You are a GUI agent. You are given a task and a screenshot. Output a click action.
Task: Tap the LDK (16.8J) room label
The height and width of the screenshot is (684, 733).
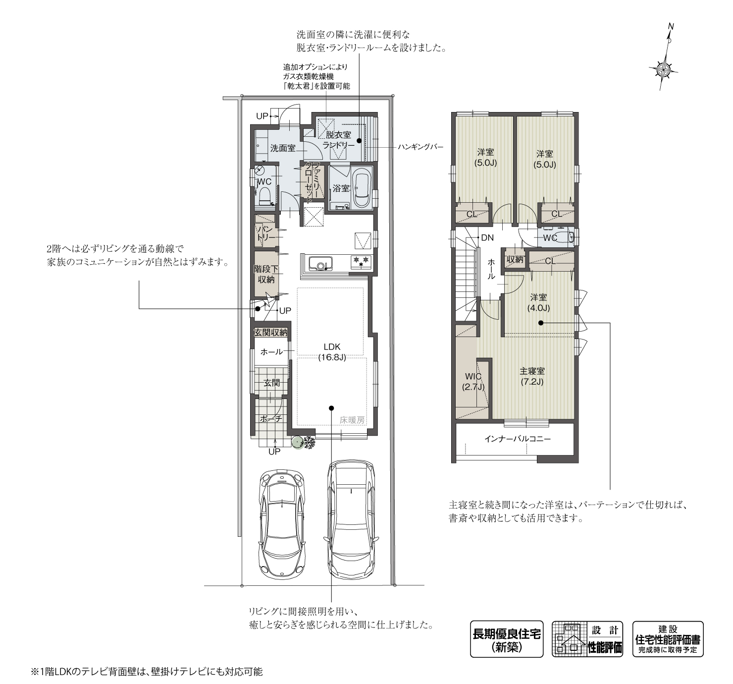coord(332,351)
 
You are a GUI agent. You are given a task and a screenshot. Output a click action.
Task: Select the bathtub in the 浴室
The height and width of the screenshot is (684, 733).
coord(361,188)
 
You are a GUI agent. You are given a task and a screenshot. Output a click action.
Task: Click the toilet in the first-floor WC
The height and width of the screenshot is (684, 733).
coord(264,197)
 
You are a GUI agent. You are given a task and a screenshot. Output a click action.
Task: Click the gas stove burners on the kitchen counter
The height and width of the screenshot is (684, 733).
coord(360,261)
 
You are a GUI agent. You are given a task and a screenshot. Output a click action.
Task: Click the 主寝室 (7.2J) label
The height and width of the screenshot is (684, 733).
coord(532,376)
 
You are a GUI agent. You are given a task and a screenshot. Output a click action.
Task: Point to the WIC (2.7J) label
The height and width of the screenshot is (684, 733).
coord(472,382)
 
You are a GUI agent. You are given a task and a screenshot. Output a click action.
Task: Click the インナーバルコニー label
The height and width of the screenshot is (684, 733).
coord(518,439)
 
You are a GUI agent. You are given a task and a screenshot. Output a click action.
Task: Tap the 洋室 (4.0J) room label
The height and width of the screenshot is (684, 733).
coord(539,302)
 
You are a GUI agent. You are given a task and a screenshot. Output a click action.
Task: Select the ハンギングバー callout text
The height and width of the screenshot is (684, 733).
coord(420,147)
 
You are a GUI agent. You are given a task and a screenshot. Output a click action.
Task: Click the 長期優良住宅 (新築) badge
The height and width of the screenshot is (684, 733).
coord(506,639)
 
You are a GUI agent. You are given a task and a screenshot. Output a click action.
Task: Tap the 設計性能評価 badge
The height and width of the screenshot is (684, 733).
coord(587,639)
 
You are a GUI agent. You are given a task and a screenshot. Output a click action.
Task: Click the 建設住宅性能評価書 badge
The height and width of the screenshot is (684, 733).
coord(668,639)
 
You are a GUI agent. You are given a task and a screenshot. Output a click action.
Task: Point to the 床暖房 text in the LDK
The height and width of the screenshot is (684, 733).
coord(352,419)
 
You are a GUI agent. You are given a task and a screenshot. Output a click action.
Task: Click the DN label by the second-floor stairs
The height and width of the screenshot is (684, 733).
coord(487,238)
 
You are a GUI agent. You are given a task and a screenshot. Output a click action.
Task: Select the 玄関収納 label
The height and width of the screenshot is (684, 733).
coord(270,333)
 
